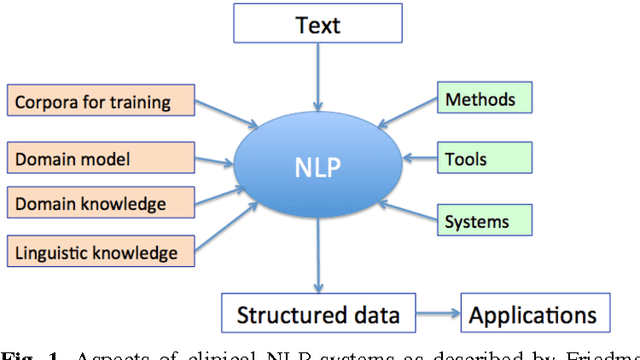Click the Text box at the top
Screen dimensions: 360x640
coord(319,24)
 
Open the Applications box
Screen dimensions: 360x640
coord(533,316)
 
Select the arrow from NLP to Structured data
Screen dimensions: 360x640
coord(319,255)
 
